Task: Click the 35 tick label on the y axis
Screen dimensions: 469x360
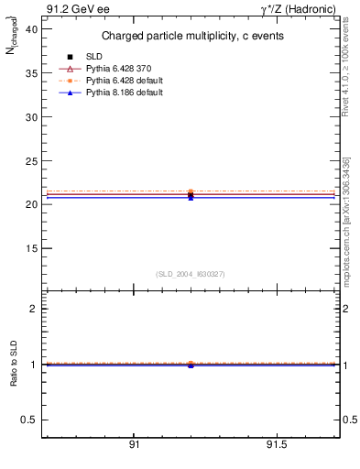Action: click(x=31, y=74)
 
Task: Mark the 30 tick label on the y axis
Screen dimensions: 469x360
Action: click(x=31, y=117)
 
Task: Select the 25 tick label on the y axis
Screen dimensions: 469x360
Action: click(x=31, y=161)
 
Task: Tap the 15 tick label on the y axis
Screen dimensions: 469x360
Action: click(x=31, y=248)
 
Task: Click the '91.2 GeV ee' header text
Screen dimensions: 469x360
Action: click(x=71, y=8)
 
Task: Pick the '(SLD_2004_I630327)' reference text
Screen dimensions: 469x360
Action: click(x=191, y=274)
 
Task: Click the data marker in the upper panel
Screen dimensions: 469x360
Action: click(x=191, y=195)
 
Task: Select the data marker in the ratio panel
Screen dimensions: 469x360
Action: click(x=191, y=365)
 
